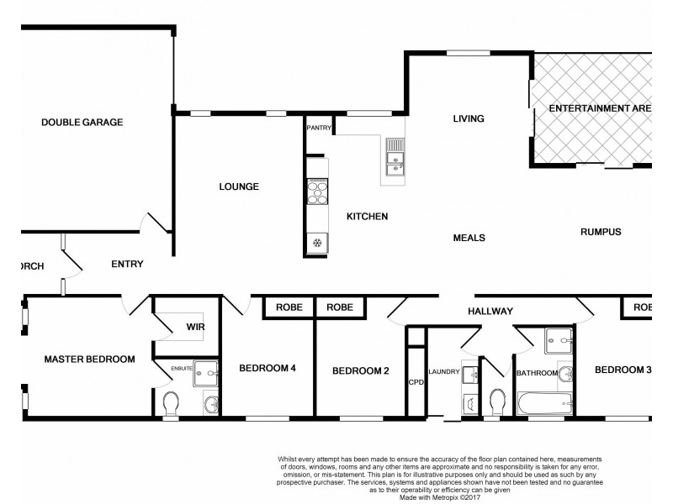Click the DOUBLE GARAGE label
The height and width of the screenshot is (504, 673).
[82, 122]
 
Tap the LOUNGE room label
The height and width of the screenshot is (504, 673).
[240, 186]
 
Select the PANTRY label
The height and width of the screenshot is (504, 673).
[319, 129]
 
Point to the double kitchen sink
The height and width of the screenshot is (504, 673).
[395, 159]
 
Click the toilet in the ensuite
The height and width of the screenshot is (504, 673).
[171, 405]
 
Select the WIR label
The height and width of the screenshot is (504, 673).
[196, 326]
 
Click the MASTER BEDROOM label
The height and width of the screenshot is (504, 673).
[89, 359]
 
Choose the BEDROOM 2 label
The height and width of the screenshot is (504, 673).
[360, 370]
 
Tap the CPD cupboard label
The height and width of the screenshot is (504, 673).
[416, 381]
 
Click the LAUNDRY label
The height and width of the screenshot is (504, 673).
[443, 370]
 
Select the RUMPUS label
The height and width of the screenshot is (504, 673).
[600, 232]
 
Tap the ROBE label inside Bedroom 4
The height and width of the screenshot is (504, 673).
[289, 308]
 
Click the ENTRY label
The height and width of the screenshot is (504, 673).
[127, 264]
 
